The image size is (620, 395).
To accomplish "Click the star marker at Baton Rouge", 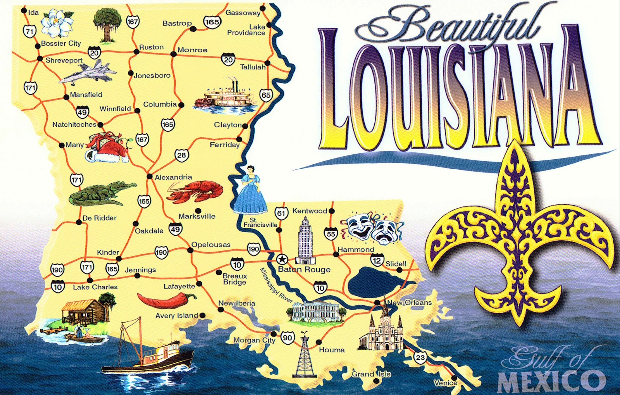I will pos(282,259).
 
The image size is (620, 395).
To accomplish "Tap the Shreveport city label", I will pos(64,60).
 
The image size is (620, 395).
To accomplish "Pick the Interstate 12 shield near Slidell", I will pos(377,260).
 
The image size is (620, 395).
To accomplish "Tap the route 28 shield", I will pos(181,155).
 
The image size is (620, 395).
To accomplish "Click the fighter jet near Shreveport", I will pos(87,74).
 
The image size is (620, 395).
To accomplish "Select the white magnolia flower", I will pos(57,22).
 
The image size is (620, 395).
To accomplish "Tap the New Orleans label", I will pos(409,302).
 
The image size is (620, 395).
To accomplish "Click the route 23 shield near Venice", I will pos(420,357).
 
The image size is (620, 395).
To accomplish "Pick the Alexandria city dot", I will pos(149,177).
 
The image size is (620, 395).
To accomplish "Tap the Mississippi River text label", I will pos(276,285).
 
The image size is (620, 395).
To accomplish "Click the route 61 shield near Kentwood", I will pos(281,213).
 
